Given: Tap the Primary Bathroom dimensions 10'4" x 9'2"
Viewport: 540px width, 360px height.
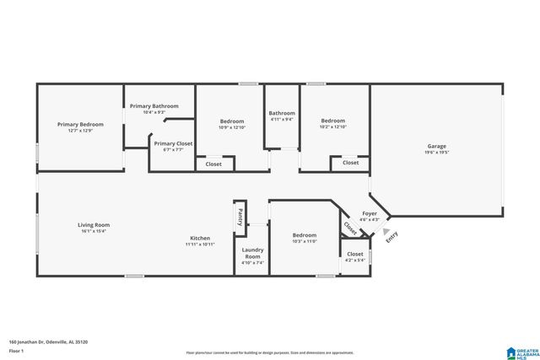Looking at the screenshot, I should click(x=154, y=112).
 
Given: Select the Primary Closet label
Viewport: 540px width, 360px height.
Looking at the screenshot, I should click(x=173, y=143).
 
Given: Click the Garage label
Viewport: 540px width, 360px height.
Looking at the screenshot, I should click(x=436, y=146).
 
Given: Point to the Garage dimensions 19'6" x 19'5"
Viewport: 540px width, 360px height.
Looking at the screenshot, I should click(x=436, y=153).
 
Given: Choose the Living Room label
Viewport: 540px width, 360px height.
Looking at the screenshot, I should click(x=94, y=225).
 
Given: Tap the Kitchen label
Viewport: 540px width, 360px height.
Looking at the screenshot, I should click(x=200, y=238).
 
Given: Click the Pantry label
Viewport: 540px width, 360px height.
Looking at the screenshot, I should click(x=240, y=216).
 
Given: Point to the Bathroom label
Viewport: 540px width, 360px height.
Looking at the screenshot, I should click(x=282, y=113).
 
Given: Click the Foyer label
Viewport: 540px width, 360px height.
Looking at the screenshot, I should click(x=370, y=214).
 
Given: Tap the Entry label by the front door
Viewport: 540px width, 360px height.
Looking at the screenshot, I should click(x=391, y=238).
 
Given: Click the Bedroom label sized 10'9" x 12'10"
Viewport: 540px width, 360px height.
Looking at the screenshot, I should click(x=231, y=121).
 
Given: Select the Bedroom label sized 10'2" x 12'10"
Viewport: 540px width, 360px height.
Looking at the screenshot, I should click(x=332, y=121).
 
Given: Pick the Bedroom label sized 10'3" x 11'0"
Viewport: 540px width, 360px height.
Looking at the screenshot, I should click(x=305, y=235).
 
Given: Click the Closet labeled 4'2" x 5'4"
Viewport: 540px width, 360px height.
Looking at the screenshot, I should click(x=355, y=254).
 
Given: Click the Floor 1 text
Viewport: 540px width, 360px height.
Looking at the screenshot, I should click(x=15, y=350).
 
